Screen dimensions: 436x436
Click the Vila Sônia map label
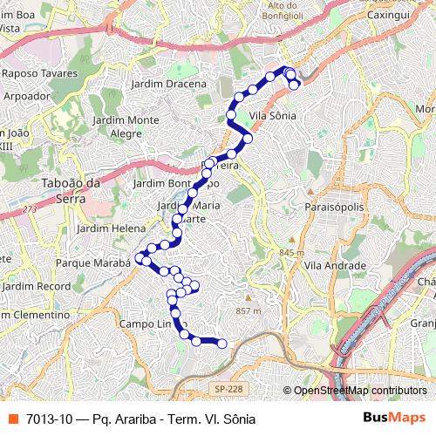click(x=272, y=115)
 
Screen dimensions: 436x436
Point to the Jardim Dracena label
click(x=168, y=84)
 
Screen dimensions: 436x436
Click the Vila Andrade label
click(x=335, y=264)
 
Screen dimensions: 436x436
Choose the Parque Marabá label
click(x=92, y=262)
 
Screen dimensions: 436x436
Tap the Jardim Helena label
click(x=110, y=228)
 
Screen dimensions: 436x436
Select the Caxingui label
click(x=389, y=15)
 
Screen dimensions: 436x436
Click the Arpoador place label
click(x=27, y=96)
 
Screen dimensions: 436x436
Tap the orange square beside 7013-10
click(x=13, y=419)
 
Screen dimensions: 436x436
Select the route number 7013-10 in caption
click(x=49, y=419)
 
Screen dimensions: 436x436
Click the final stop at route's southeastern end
click(x=221, y=344)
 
